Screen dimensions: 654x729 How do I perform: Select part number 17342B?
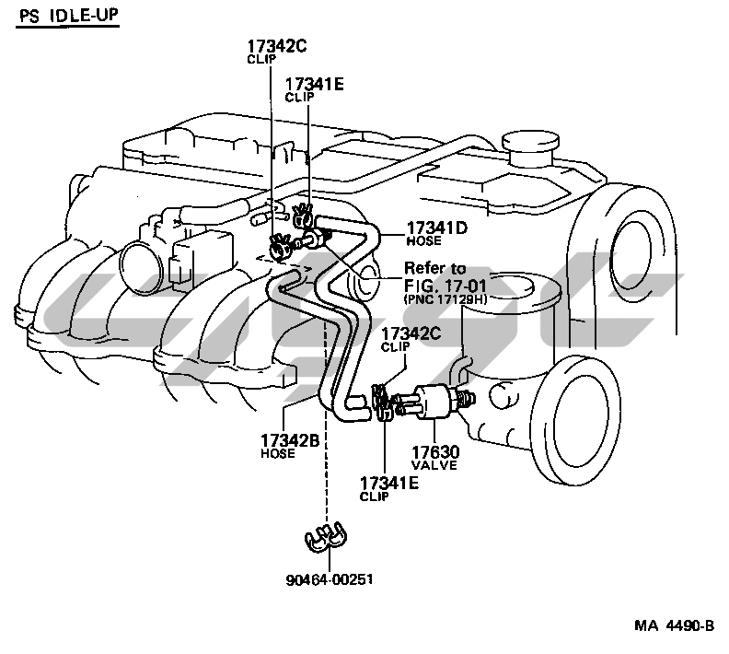click(290, 439)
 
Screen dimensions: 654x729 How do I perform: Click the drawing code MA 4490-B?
click(672, 626)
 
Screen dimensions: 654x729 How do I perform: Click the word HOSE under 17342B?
click(277, 453)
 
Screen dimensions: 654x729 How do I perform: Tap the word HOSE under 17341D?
click(424, 242)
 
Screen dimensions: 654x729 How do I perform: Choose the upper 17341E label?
click(315, 84)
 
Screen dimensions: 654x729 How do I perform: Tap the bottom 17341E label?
click(388, 483)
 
